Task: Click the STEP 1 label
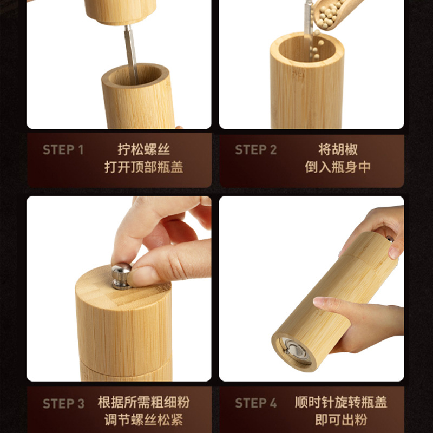click(63, 150)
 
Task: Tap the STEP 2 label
click(255, 150)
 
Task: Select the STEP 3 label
click(63, 404)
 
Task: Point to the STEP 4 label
click(255, 404)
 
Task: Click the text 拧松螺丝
click(143, 149)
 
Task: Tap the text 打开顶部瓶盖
click(143, 167)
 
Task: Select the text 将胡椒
click(338, 149)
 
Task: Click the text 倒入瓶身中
click(338, 167)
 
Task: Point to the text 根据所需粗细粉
click(143, 403)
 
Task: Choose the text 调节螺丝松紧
click(143, 420)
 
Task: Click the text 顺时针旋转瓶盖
click(341, 403)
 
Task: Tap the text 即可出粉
click(341, 420)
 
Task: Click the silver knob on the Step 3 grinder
click(121, 274)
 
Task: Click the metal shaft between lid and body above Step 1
click(130, 51)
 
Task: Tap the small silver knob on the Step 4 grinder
click(389, 239)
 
